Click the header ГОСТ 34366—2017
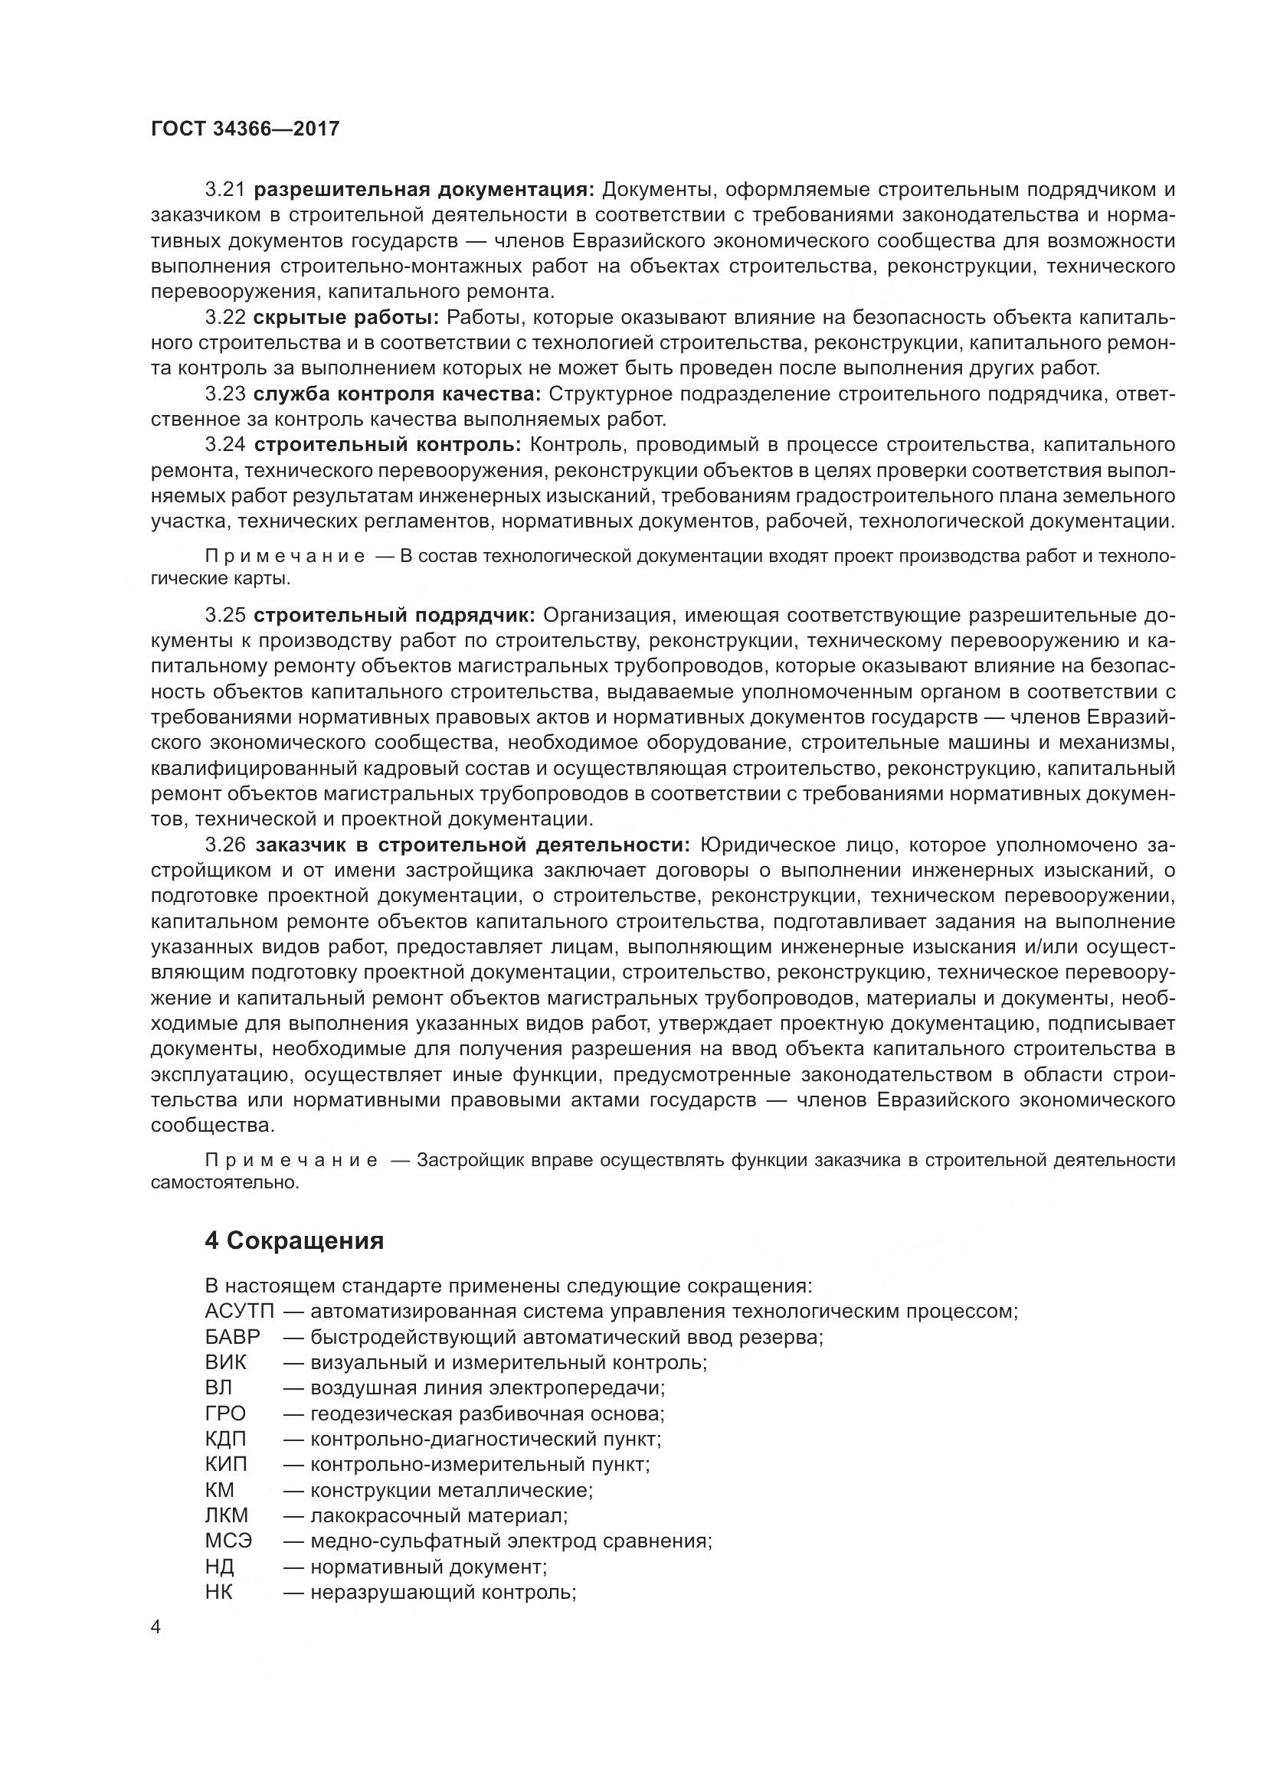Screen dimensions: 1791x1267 [x=245, y=129]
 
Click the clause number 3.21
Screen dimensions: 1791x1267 [x=225, y=190]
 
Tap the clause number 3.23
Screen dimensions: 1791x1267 [x=225, y=394]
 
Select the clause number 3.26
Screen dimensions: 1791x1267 [x=225, y=845]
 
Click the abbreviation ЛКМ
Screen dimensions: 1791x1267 [x=226, y=1515]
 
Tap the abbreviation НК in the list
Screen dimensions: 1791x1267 [x=219, y=1592]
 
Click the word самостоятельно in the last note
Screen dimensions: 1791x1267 [x=224, y=1182]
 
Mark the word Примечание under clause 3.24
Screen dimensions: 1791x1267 [x=285, y=556]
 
